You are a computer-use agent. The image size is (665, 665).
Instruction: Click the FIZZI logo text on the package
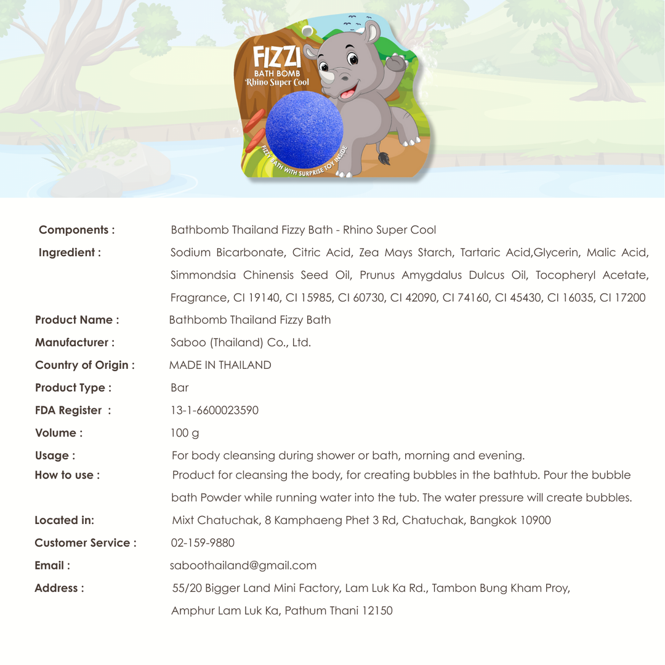click(277, 59)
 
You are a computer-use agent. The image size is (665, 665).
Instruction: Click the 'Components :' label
click(77, 230)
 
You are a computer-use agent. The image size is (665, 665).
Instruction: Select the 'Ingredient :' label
click(70, 252)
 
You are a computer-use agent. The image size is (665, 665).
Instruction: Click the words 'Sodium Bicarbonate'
click(223, 252)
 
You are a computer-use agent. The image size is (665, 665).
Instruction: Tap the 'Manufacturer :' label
click(75, 342)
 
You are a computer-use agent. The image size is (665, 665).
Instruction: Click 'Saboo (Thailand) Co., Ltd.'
click(240, 342)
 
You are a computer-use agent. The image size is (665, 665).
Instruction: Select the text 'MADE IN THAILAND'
click(220, 365)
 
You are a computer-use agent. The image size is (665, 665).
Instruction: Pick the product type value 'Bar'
click(179, 388)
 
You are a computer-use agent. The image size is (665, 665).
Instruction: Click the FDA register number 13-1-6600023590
click(214, 411)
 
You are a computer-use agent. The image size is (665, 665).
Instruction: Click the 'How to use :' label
click(67, 475)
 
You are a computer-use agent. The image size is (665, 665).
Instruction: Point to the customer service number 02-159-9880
click(202, 543)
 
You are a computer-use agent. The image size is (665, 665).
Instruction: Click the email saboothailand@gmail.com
click(243, 565)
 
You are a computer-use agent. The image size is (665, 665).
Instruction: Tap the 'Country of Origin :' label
click(84, 365)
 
